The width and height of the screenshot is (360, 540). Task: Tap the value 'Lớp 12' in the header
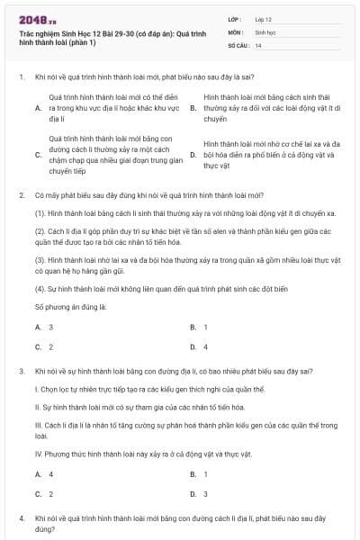[x=264, y=19]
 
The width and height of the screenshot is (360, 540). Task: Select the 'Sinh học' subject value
[x=265, y=31]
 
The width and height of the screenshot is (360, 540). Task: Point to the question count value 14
[x=258, y=45]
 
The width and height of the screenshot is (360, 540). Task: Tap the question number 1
[x=20, y=77]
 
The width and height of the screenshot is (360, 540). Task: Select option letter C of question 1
[x=38, y=154]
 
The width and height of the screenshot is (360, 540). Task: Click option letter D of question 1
[x=193, y=154]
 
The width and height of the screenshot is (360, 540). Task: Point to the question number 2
[x=20, y=194]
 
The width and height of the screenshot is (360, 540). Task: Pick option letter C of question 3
[x=38, y=493]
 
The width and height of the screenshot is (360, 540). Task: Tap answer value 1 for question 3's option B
[x=205, y=473]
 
